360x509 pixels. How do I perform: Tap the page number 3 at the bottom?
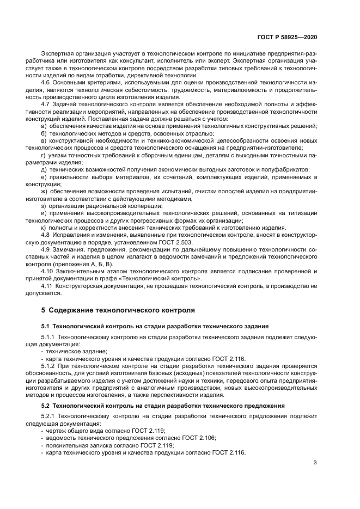(x=315, y=463)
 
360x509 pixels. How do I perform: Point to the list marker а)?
(x=44, y=125)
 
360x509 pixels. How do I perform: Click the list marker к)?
(x=44, y=227)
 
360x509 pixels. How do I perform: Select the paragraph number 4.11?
(x=48, y=286)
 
